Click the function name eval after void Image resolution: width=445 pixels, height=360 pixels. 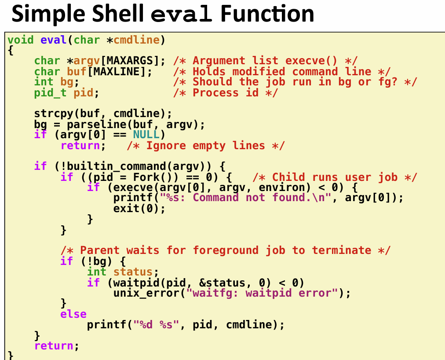click(x=53, y=40)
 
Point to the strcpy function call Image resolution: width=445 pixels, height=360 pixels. click(x=54, y=114)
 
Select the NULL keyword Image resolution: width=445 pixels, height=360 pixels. click(x=146, y=134)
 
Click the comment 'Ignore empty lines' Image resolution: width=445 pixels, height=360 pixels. click(x=206, y=146)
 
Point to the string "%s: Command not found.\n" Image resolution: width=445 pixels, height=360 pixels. click(x=245, y=198)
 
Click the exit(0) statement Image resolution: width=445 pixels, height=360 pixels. click(x=139, y=209)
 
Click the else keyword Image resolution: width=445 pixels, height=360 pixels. click(x=73, y=314)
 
